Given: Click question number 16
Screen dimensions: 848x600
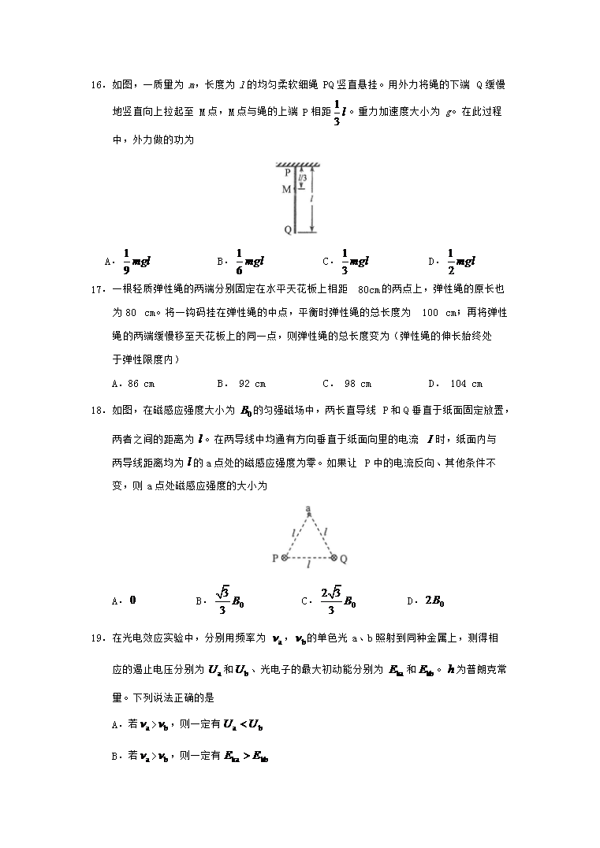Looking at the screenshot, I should tap(97, 84).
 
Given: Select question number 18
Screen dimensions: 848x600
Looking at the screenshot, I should tap(97, 411).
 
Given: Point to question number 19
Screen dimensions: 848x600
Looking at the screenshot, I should tap(97, 637).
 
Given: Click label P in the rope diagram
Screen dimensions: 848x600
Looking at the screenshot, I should tap(287, 171).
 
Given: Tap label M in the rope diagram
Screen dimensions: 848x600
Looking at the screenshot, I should tap(286, 189).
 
